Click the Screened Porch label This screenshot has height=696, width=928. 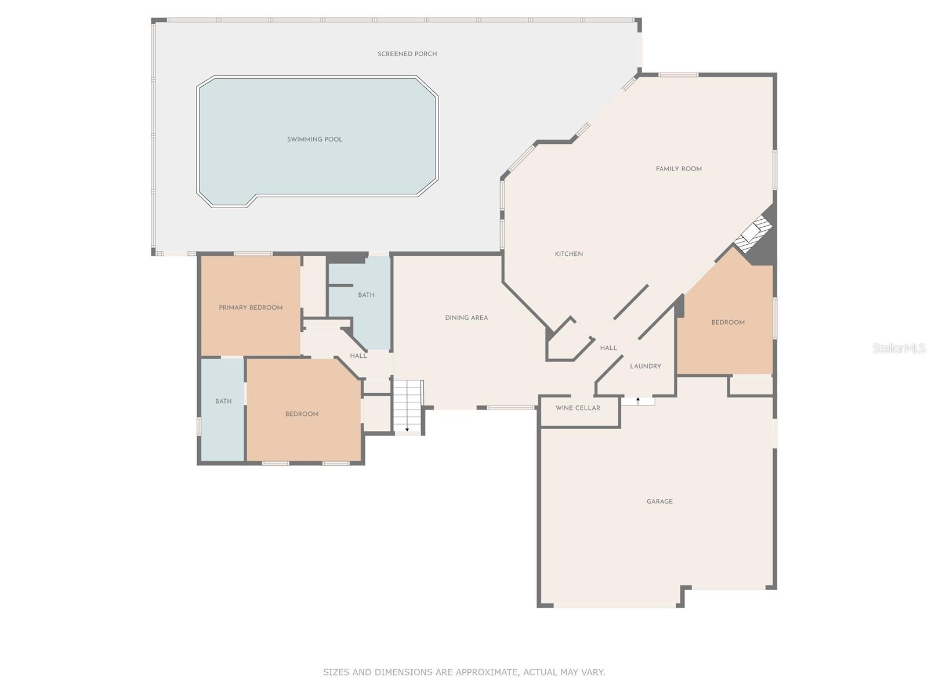[407, 54]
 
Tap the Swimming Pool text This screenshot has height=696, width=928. [314, 139]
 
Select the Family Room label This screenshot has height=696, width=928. [679, 169]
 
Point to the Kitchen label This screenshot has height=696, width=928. [568, 254]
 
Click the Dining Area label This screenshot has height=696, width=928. [466, 318]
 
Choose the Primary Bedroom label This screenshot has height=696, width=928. [251, 307]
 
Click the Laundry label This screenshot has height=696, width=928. [645, 367]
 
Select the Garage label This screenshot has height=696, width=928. [659, 502]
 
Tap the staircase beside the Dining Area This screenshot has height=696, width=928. [408, 405]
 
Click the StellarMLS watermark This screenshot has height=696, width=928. [899, 348]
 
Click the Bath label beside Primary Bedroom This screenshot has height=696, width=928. [366, 295]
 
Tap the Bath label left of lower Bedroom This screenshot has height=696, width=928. [223, 401]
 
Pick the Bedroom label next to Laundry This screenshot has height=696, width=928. [727, 322]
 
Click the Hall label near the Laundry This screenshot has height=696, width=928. [608, 348]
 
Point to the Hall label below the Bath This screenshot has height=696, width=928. [358, 356]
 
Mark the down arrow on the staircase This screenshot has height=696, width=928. [407, 429]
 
